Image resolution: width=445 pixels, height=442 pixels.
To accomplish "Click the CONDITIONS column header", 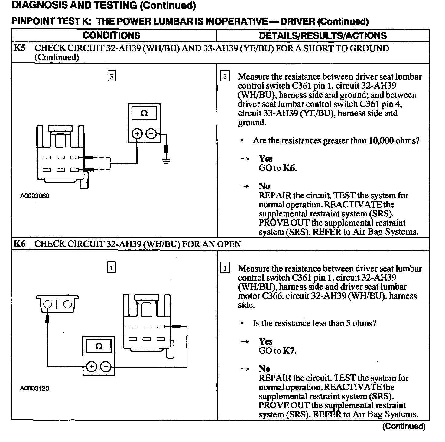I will click(x=111, y=35).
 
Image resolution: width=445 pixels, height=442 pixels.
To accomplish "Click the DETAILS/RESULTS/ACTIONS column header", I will click(x=323, y=35).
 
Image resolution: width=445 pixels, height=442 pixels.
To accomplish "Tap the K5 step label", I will click(x=20, y=48).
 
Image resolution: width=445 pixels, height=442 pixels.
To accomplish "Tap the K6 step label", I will click(x=20, y=244).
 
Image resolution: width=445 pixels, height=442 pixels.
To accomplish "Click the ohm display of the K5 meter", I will click(x=144, y=114).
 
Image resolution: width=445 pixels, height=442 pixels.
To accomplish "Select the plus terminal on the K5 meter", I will click(x=137, y=134).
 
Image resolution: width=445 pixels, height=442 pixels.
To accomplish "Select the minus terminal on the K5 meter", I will click(x=151, y=134).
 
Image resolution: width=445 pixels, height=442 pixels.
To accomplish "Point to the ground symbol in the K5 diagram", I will click(x=166, y=160).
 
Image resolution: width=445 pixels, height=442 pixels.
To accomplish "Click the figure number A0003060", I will click(x=34, y=196).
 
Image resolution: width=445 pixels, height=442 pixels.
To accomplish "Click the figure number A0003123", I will click(x=34, y=388).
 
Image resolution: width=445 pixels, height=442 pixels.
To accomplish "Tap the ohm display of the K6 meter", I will click(x=99, y=346).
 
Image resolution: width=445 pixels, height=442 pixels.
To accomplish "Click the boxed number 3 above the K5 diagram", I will click(x=112, y=76).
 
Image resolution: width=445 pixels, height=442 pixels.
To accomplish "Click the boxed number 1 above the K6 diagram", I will click(x=112, y=268).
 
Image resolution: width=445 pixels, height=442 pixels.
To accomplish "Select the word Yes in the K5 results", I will click(x=266, y=159).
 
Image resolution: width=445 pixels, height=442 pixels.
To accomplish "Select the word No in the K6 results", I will click(x=264, y=369).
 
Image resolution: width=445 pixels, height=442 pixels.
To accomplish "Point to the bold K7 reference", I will click(x=289, y=351).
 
